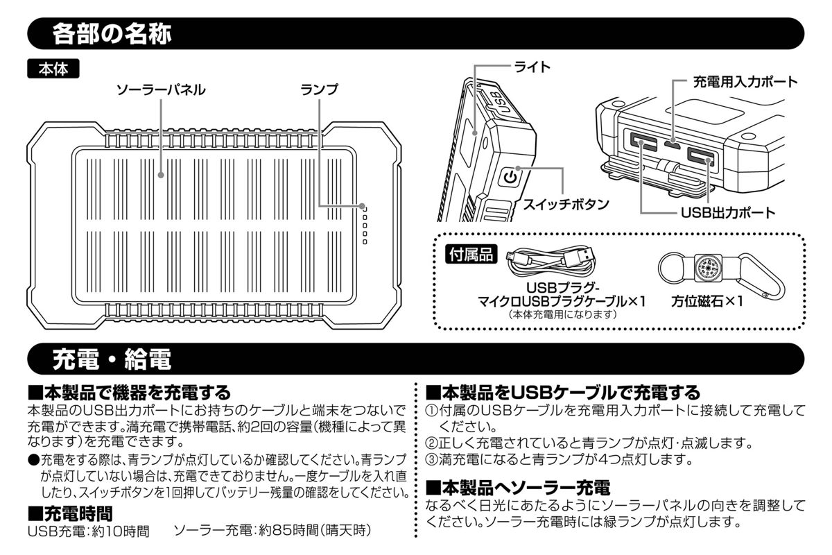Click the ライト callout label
coord(532,67)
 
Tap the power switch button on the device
coord(510,178)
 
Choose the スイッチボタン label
coord(565,205)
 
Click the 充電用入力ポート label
coord(745,82)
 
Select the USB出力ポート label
coord(727,213)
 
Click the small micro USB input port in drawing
coord(671,144)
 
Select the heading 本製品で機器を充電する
coord(128,393)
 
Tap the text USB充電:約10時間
coord(88,531)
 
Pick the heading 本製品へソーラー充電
coord(517,488)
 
